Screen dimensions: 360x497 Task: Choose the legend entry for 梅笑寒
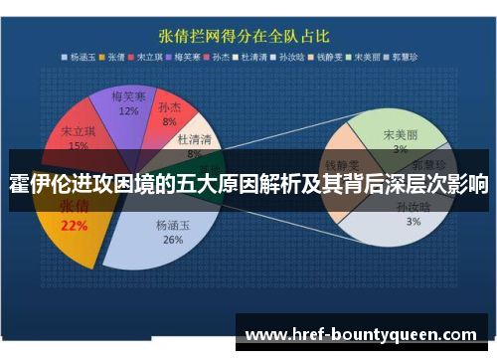(193, 56)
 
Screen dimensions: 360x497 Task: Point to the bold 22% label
(75, 226)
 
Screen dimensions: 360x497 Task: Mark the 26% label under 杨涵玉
(173, 240)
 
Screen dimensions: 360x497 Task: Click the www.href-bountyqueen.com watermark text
(361, 334)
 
